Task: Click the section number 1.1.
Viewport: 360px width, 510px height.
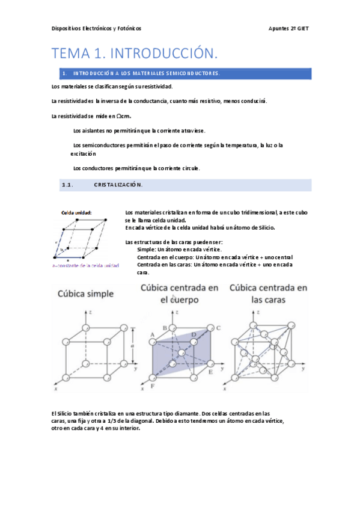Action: point(67,185)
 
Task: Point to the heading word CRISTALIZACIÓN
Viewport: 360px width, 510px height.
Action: point(118,185)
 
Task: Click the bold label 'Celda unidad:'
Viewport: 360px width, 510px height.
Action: point(76,212)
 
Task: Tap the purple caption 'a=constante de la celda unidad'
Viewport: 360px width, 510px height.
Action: point(86,265)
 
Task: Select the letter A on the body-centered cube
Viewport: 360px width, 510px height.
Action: point(153,334)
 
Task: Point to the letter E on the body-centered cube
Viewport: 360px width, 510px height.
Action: point(210,373)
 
